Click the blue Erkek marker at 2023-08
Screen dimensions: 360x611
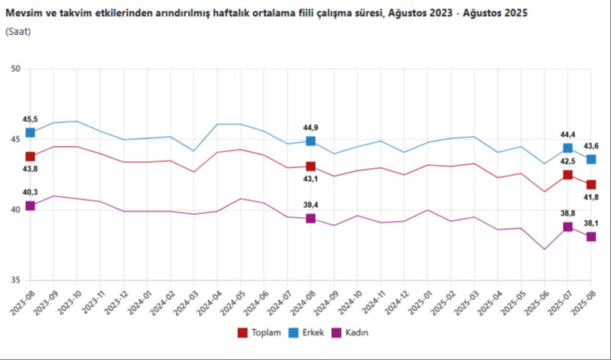[x=31, y=133]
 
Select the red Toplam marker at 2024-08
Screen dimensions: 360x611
[x=310, y=166]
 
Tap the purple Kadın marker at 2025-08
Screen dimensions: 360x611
[x=591, y=237]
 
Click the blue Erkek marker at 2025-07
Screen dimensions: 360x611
[x=568, y=148]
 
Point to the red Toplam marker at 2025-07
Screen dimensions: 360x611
[x=568, y=175]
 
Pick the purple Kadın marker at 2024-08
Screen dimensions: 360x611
[x=310, y=219]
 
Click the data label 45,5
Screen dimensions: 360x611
[x=31, y=119]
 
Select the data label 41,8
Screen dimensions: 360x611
[x=591, y=198]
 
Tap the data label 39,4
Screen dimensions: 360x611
[x=310, y=205]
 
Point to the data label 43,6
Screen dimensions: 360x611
[x=591, y=146]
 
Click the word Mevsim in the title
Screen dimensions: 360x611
[x=23, y=13]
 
